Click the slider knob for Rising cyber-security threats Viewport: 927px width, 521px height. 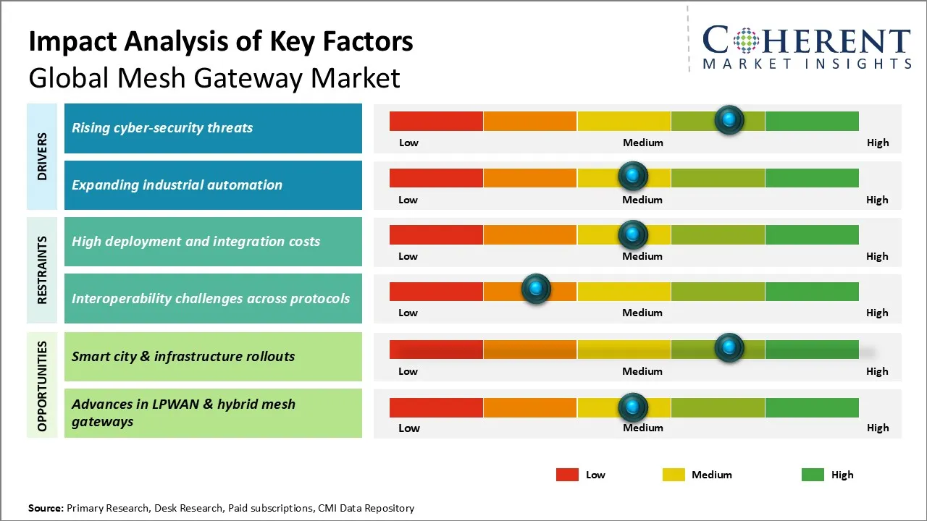click(x=729, y=119)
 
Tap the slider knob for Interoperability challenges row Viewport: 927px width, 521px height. click(x=536, y=289)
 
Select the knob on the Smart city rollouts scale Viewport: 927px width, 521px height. click(x=729, y=348)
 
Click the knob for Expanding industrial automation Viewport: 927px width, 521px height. click(x=633, y=176)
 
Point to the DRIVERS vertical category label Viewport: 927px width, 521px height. click(x=42, y=156)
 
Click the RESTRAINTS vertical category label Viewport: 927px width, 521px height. click(x=42, y=270)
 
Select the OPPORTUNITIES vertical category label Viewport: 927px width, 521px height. click(x=42, y=386)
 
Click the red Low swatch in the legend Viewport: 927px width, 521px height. click(x=567, y=475)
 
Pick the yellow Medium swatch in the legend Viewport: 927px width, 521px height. click(x=674, y=475)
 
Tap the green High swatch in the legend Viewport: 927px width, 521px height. click(x=813, y=475)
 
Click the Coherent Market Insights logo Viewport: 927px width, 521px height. click(x=806, y=47)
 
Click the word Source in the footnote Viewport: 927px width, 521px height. click(x=46, y=508)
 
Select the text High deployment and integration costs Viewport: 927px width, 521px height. click(x=196, y=242)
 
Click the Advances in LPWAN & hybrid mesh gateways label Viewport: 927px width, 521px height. click(x=183, y=413)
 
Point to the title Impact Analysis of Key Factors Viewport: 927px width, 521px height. click(x=221, y=42)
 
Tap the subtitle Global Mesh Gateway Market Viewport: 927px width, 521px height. click(x=214, y=77)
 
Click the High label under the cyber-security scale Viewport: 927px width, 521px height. click(x=878, y=143)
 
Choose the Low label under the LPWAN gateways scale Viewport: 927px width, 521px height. click(x=409, y=428)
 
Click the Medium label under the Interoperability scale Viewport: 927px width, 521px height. click(x=642, y=313)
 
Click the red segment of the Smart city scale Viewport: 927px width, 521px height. click(x=437, y=349)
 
